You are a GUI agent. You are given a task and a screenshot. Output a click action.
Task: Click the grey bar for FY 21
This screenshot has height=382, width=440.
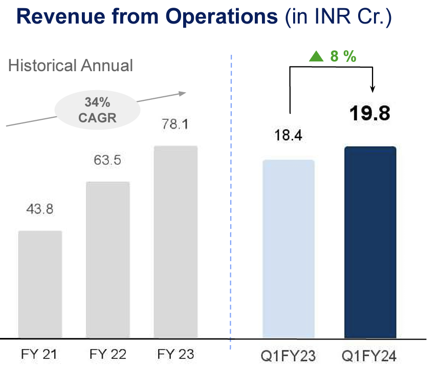(x=40, y=284)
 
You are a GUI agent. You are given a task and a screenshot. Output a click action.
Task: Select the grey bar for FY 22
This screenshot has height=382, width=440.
(x=108, y=260)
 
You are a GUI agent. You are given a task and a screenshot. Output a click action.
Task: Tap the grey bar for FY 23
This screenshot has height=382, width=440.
(x=175, y=242)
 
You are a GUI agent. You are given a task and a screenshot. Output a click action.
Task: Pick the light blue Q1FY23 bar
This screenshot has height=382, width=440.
(x=288, y=249)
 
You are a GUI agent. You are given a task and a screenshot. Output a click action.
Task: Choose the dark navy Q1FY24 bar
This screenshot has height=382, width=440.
(x=370, y=242)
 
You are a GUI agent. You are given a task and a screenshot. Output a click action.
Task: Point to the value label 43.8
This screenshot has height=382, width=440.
(x=40, y=209)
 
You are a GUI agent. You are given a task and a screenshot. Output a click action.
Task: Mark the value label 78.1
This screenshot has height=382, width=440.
(x=175, y=125)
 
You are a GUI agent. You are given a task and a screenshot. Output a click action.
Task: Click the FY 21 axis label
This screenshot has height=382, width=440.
(x=39, y=355)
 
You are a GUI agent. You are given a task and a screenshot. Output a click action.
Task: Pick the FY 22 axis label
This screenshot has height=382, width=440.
(x=107, y=355)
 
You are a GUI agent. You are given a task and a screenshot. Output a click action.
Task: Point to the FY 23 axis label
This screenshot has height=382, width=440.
(x=175, y=355)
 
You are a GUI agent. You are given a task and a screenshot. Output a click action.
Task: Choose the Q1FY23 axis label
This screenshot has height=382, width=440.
(x=289, y=355)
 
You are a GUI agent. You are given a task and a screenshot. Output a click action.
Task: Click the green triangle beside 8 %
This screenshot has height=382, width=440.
(x=316, y=57)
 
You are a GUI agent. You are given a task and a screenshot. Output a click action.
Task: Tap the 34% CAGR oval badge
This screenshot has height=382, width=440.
(x=98, y=111)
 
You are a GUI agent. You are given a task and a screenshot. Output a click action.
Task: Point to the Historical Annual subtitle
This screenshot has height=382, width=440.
(x=71, y=66)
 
